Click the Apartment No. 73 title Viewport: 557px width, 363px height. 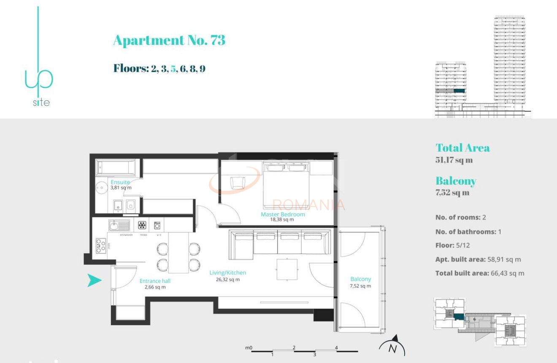169,40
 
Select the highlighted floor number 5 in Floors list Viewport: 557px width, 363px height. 173,68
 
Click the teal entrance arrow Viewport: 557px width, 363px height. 95,280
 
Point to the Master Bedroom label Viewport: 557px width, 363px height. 282,214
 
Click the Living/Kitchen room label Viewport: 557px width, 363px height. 227,273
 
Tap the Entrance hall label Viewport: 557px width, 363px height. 155,281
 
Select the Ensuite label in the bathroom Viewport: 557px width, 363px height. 120,182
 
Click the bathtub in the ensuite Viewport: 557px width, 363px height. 116,168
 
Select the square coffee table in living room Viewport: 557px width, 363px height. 287,269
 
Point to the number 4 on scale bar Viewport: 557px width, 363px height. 336,348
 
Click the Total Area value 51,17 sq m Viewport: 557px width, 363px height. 454,160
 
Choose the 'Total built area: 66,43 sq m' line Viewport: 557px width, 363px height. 480,273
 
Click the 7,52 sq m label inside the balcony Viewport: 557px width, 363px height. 360,286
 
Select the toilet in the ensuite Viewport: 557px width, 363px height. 130,205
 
